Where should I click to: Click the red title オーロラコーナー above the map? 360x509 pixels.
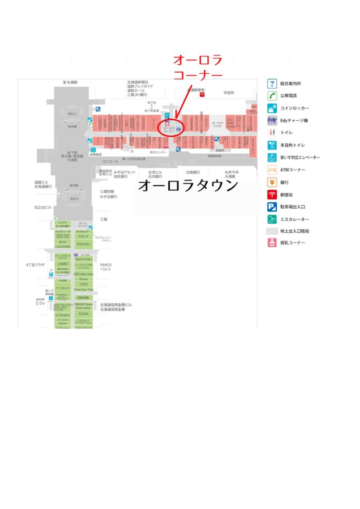pyautogui.click(x=198, y=67)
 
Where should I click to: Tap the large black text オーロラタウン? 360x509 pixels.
pyautogui.click(x=188, y=185)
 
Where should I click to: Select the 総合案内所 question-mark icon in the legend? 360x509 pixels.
pyautogui.click(x=272, y=83)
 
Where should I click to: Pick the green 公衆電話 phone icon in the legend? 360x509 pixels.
pyautogui.click(x=272, y=96)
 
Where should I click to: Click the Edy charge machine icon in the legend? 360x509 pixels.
pyautogui.click(x=273, y=120)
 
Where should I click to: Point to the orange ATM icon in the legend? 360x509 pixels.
pyautogui.click(x=272, y=170)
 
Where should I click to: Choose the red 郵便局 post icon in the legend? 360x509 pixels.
pyautogui.click(x=272, y=194)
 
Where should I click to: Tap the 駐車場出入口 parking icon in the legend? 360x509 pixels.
pyautogui.click(x=272, y=207)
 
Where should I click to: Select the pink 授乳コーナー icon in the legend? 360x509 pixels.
pyautogui.click(x=272, y=243)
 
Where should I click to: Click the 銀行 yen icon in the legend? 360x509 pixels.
pyautogui.click(x=272, y=182)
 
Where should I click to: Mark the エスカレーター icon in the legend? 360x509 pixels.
pyautogui.click(x=272, y=219)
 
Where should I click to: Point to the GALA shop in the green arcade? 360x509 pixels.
pyautogui.click(x=83, y=236)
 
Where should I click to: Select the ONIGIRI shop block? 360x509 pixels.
pyautogui.click(x=83, y=297)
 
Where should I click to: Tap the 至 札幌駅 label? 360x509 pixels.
pyautogui.click(x=70, y=82)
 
